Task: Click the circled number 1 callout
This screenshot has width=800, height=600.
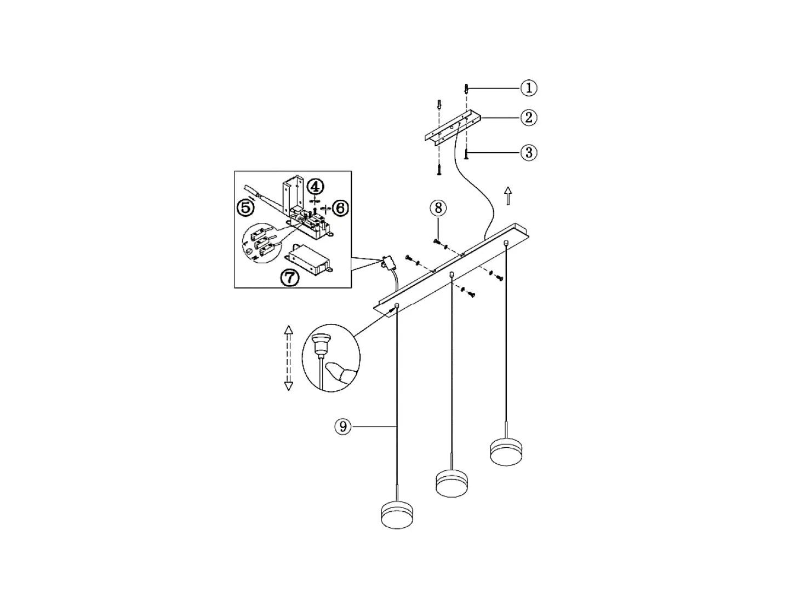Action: (528, 88)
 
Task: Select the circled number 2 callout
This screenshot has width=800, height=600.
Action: (528, 118)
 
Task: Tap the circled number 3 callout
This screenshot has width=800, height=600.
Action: (528, 152)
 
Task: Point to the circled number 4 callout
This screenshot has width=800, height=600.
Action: (315, 187)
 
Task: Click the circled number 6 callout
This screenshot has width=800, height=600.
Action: (340, 208)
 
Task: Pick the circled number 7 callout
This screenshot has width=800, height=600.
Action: (290, 278)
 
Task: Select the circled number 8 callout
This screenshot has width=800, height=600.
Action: (438, 208)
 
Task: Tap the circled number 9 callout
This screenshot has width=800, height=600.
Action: (343, 426)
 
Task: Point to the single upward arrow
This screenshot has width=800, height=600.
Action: (508, 196)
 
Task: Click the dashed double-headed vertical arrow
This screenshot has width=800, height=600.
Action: (288, 358)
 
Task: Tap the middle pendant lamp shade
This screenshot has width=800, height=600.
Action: (452, 483)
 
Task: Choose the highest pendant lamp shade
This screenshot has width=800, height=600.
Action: (506, 452)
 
